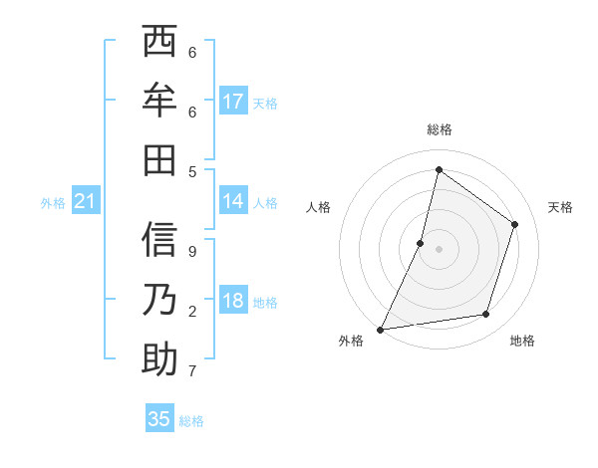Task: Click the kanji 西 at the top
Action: click(159, 43)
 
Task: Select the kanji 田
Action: click(159, 159)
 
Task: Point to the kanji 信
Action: click(159, 241)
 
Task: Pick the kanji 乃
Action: click(159, 300)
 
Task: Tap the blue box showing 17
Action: click(233, 102)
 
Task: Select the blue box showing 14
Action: click(233, 201)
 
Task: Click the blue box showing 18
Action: click(233, 301)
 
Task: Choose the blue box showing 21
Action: click(86, 202)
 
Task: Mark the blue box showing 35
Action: click(159, 419)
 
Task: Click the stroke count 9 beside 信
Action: click(191, 252)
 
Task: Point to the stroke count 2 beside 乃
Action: click(191, 312)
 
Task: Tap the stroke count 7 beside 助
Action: click(191, 371)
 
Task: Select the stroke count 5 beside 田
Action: click(191, 170)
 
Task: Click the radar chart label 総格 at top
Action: click(440, 129)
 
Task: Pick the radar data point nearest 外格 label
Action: click(381, 329)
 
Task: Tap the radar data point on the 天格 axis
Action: click(515, 224)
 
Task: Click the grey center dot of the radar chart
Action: click(439, 248)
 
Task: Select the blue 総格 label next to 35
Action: click(191, 421)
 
